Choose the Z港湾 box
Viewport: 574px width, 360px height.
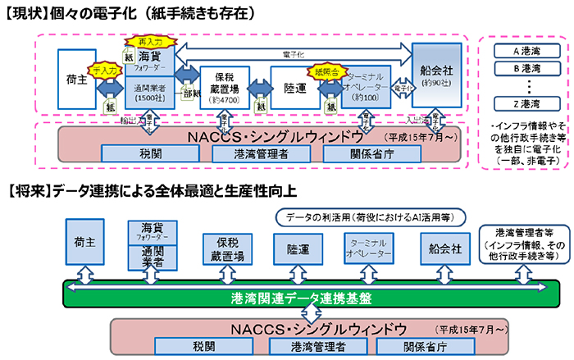point(522,104)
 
